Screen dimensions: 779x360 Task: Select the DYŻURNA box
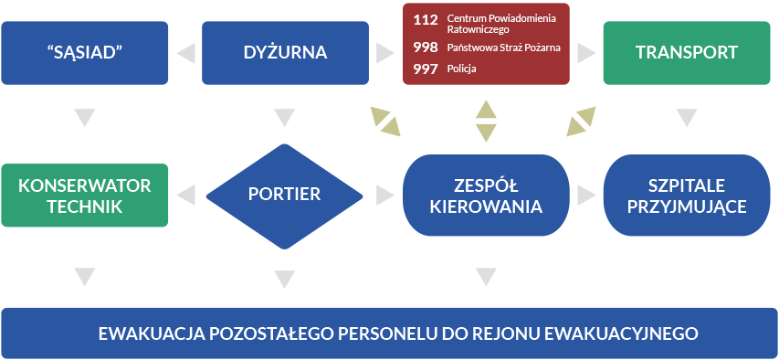pos(284,52)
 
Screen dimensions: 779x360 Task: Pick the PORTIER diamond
pos(284,194)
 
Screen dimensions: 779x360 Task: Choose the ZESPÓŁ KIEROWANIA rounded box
pos(486,194)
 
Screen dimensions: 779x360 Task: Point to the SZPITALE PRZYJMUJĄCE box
pos(686,194)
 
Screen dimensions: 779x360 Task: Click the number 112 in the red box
pos(426,19)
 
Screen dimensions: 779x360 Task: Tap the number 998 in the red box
pos(426,46)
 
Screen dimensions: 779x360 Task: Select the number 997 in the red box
pos(426,69)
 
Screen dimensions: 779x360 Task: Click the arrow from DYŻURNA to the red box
pos(384,53)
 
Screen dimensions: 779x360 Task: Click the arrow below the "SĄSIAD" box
pos(84,118)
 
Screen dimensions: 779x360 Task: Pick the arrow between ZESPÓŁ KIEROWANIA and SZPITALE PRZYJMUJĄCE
pos(585,194)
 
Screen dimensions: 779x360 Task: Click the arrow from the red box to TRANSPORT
pos(585,53)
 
